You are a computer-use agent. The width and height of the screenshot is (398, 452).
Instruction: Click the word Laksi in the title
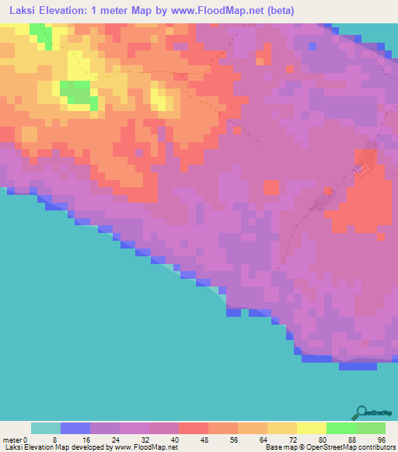19,9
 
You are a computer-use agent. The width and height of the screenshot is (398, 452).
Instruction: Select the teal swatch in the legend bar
46,428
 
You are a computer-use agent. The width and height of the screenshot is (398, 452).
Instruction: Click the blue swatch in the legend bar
75,428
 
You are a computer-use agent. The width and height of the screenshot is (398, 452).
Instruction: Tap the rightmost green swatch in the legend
370,428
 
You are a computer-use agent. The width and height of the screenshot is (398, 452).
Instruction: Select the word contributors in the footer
373,447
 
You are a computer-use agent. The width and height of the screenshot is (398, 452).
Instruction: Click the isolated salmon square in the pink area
271,187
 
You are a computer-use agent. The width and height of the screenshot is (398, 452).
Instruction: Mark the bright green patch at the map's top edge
40,33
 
